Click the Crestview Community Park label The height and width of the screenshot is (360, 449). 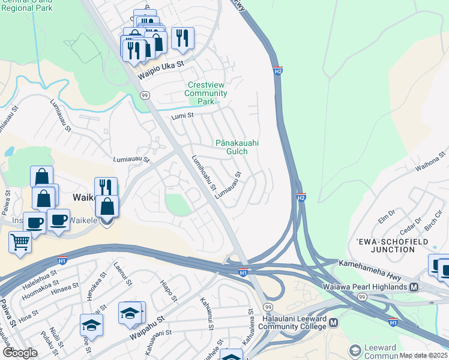click(x=207, y=94)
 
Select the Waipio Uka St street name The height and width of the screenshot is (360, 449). click(x=160, y=70)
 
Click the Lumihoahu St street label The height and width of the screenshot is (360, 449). click(x=203, y=173)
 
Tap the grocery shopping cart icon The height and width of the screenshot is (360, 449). click(x=20, y=242)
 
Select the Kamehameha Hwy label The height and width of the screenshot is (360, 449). click(x=376, y=263)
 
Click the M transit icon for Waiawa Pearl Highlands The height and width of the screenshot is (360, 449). click(x=414, y=287)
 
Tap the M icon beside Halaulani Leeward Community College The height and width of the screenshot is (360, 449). click(x=333, y=322)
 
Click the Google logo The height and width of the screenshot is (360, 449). click(x=20, y=353)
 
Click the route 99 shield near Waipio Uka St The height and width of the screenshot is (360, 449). click(x=145, y=95)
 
